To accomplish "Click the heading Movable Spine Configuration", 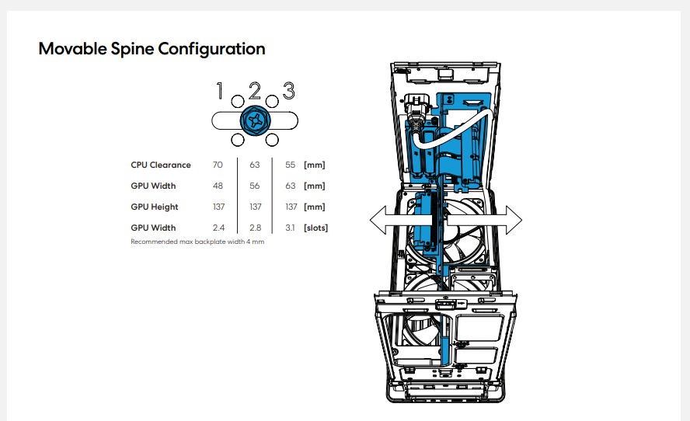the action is coord(152,49).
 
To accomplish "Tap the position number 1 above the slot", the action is coord(220,91).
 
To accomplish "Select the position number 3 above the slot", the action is coord(289,91).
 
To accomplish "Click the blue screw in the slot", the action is coord(255,120).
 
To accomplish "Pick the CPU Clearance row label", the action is coord(161,165).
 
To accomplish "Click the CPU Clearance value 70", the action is coord(218,165).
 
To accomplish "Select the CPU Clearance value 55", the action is coord(290,165).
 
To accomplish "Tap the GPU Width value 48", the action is coord(218,186).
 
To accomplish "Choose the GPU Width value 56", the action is coord(254,186).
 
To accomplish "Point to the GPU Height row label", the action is coord(155,207).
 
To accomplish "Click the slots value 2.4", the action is coord(218,228).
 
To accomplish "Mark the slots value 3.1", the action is coord(290,228).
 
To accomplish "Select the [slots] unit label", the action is coord(315,228).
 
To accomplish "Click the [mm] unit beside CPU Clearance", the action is coord(314,165).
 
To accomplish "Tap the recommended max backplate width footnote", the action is coord(197,242).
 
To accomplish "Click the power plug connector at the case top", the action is coord(414,113).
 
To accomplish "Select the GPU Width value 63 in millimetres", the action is coord(290,186).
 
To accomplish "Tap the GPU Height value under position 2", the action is coord(255,207).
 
